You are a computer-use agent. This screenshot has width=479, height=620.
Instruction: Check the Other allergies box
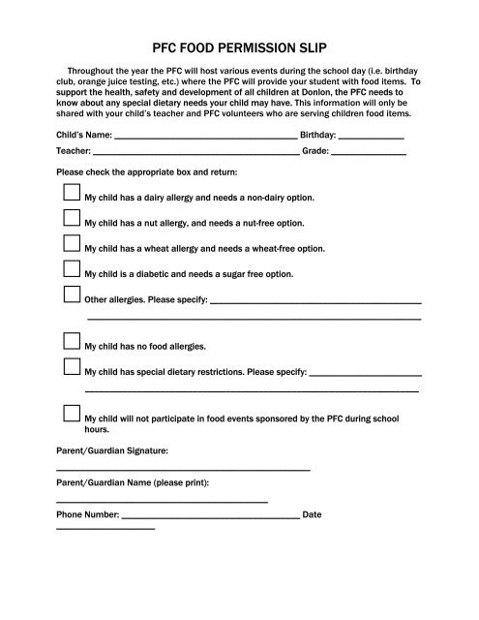point(71,294)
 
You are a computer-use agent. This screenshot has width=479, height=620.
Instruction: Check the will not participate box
point(71,414)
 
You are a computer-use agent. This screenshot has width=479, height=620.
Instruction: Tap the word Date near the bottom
point(312,515)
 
